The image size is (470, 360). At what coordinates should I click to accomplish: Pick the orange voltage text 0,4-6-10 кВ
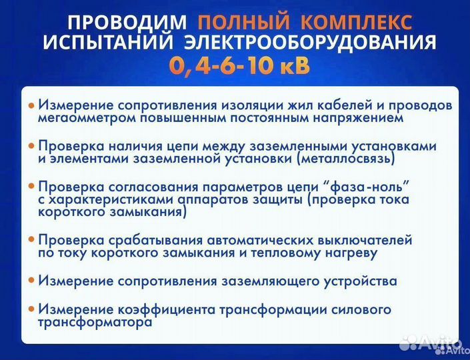pyautogui.click(x=238, y=67)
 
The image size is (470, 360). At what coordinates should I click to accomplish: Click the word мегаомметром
pyautogui.click(x=77, y=118)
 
